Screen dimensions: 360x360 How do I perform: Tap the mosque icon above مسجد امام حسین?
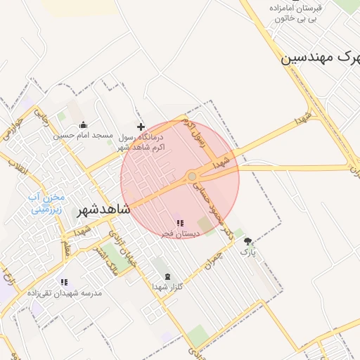tap(84, 125)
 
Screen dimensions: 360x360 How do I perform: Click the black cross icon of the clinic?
tap(141, 127)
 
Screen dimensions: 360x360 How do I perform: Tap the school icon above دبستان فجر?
tap(180, 223)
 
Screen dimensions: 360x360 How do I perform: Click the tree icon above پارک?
tap(247, 240)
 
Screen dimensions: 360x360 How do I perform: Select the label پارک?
tap(248, 251)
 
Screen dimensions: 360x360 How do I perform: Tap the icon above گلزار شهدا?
tap(167, 276)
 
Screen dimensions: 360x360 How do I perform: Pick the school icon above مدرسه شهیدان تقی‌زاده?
tap(64, 282)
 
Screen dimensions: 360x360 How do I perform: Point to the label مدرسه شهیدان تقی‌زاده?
tap(65, 292)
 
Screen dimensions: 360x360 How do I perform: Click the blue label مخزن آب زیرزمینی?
tap(46, 203)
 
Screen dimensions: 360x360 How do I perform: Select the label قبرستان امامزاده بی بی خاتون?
tap(295, 13)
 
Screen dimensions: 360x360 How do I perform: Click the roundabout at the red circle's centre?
tap(192, 176)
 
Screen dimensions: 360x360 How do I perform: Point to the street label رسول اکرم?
tap(193, 131)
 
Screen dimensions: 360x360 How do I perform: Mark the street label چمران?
tap(209, 262)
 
